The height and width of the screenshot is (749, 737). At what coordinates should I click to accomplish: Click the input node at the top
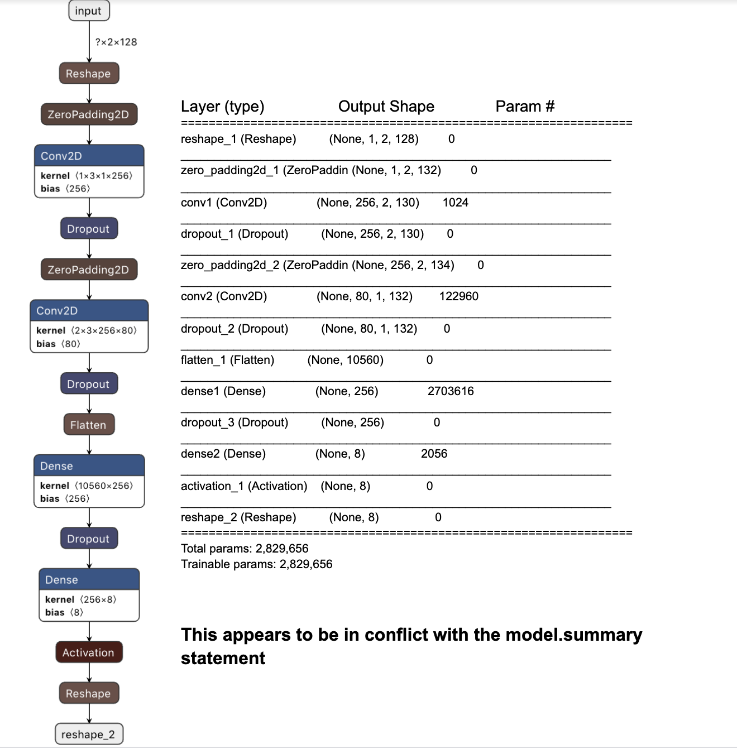pos(89,11)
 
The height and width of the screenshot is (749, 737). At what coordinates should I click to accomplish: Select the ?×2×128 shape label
pos(116,42)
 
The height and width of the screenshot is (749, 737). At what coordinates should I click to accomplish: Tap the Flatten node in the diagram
pos(89,425)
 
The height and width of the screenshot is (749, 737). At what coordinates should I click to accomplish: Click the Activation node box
pos(89,652)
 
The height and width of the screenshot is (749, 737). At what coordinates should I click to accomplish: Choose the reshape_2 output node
pos(89,734)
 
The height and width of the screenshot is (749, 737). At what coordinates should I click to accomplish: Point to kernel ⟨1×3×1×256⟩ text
pos(87,175)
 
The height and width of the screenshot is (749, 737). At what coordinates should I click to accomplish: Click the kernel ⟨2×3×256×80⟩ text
pos(87,330)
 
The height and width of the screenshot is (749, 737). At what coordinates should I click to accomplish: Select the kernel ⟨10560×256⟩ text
pos(87,486)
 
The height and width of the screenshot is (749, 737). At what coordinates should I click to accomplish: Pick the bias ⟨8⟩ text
pos(64,612)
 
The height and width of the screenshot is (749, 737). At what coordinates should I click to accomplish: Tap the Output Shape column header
pos(386,106)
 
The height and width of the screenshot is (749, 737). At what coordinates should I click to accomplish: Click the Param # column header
pos(525,106)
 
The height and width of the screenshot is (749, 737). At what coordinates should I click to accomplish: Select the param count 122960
pos(458,296)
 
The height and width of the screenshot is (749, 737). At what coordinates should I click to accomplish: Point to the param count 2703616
pos(451,391)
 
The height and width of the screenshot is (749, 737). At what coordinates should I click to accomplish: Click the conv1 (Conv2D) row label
pos(224,203)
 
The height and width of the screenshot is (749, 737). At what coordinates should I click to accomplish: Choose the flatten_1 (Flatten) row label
pos(227,360)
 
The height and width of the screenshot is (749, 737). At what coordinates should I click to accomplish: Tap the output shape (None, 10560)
pos(345,360)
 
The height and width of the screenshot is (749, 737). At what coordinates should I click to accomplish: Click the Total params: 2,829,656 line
pos(245,549)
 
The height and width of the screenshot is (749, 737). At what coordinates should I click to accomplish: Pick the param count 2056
pos(434,454)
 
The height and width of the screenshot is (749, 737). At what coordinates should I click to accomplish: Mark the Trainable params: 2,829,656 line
pos(256,564)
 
